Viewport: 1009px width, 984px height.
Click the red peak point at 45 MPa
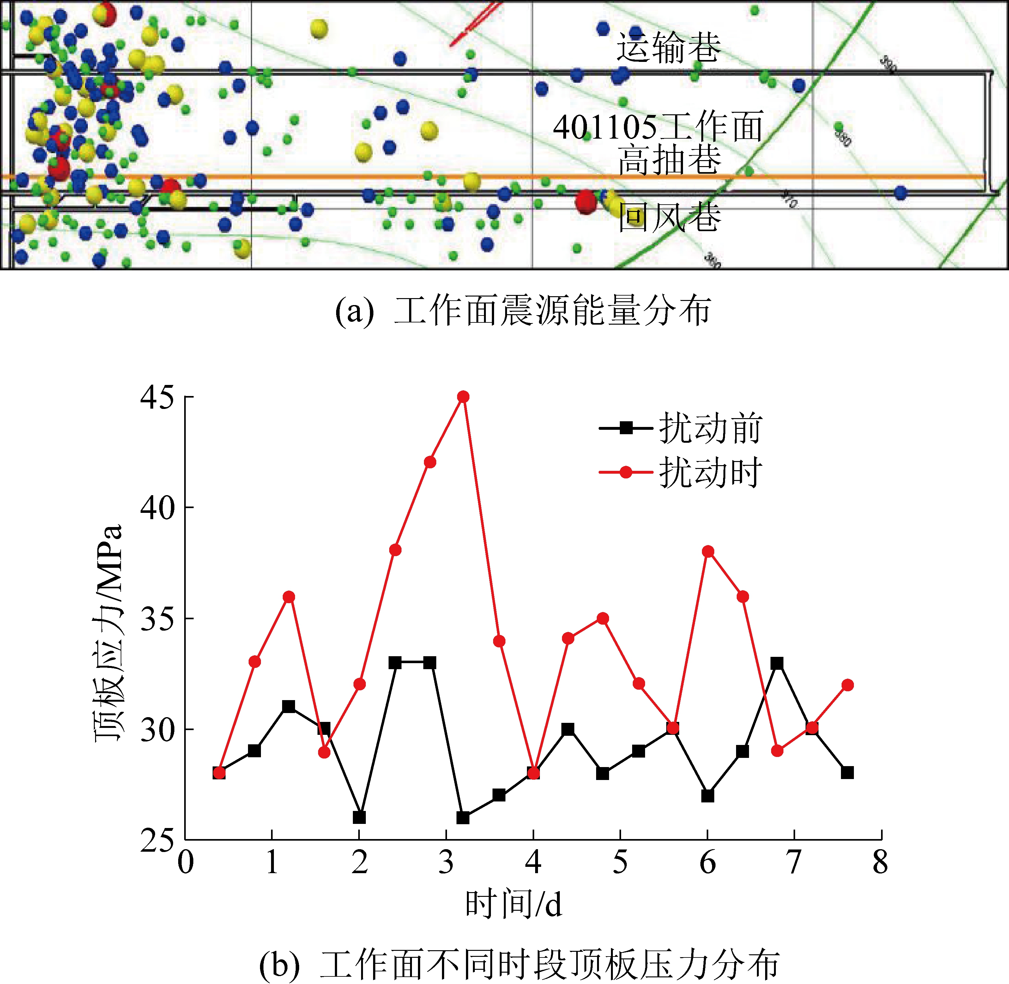click(x=463, y=396)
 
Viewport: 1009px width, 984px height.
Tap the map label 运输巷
click(x=669, y=48)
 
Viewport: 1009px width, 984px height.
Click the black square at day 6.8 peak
click(x=777, y=663)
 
